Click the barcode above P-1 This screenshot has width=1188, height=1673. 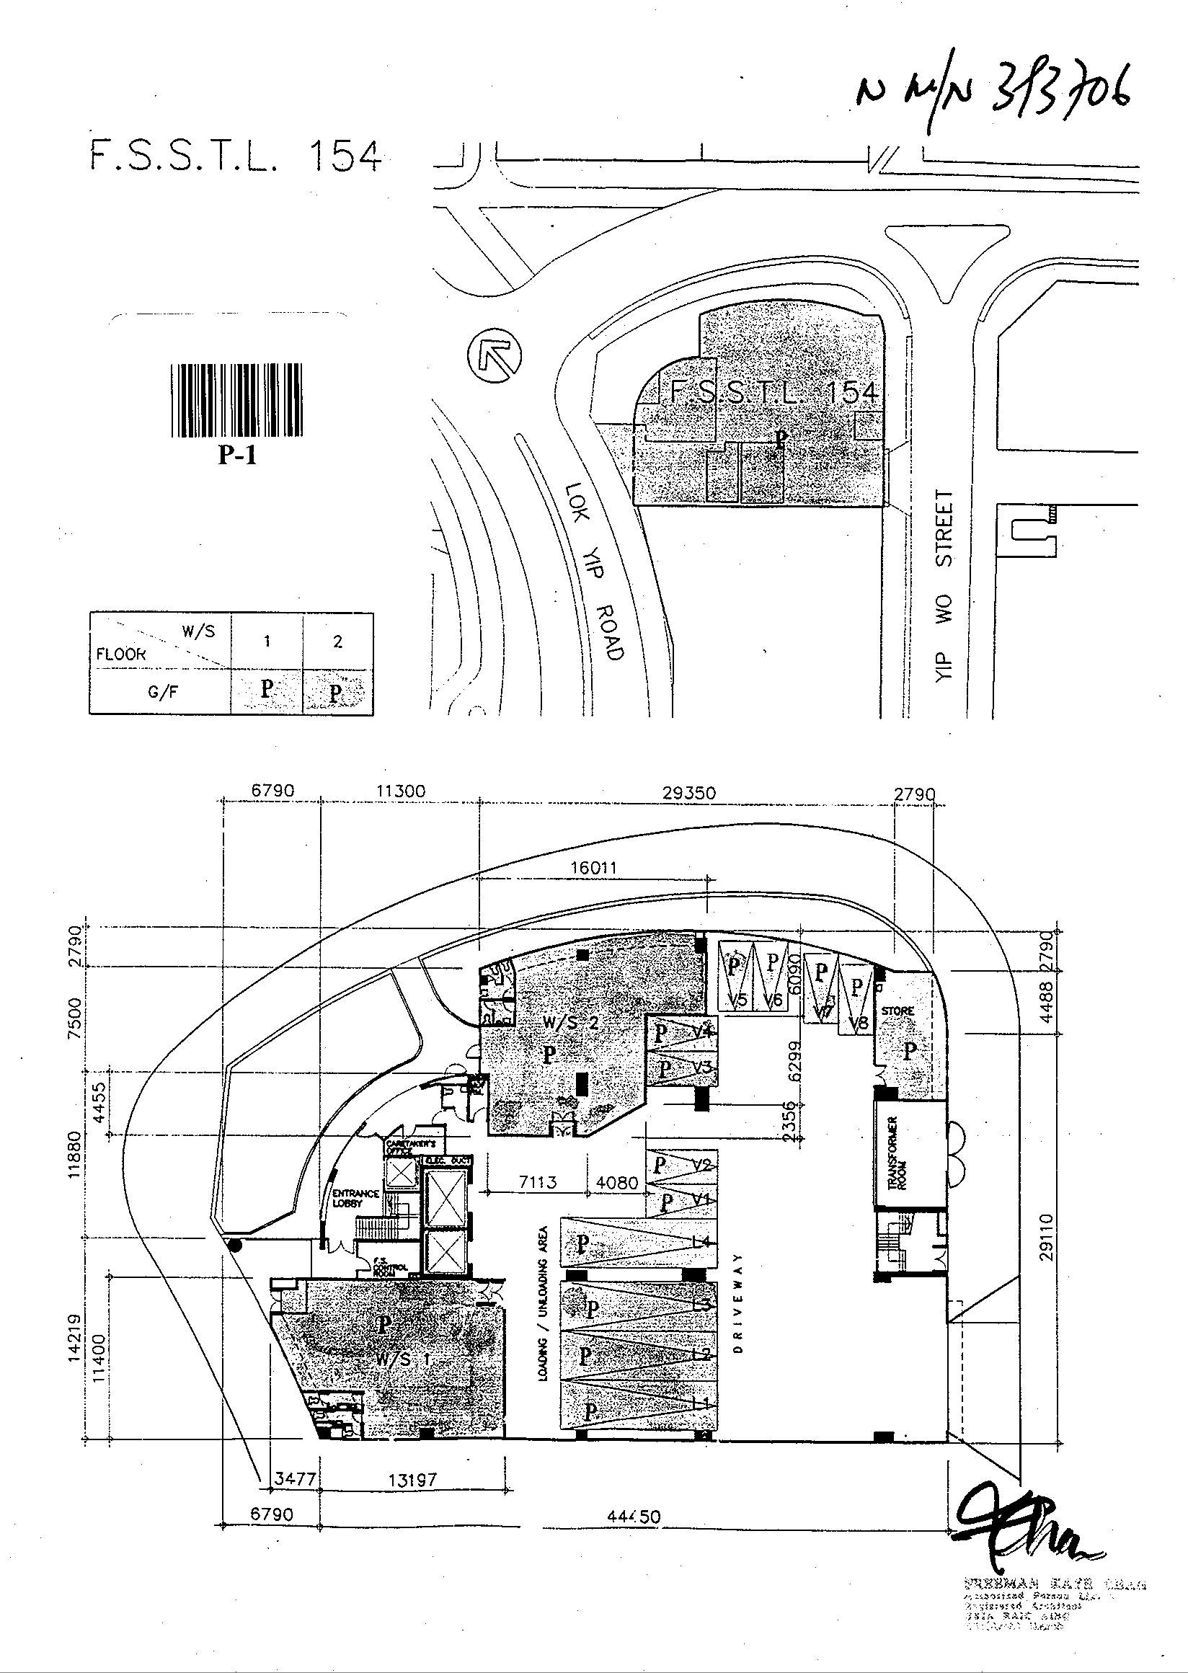pyautogui.click(x=237, y=400)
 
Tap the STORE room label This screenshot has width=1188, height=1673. pyautogui.click(x=897, y=1011)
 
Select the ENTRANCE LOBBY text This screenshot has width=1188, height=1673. pyautogui.click(x=355, y=1197)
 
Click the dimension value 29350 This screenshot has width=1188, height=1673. pyautogui.click(x=689, y=793)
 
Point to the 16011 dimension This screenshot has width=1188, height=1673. pyautogui.click(x=593, y=869)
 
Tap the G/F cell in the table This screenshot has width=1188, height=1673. pyautogui.click(x=162, y=691)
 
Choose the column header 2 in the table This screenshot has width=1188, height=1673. pyautogui.click(x=337, y=642)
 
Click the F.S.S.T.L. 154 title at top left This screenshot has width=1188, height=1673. pyautogui.click(x=236, y=156)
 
